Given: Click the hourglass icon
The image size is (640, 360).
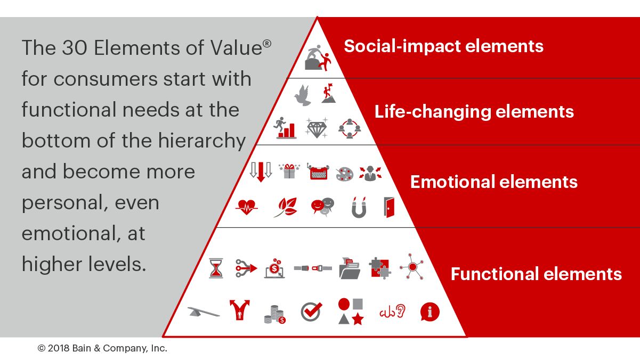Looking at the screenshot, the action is (x=216, y=268).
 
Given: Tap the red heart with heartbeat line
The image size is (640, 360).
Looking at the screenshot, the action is (x=247, y=207).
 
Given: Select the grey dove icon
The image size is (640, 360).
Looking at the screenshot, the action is (x=303, y=95).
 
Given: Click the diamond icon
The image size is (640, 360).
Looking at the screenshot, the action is (x=317, y=128).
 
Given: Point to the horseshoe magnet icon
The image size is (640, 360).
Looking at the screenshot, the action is (x=359, y=208).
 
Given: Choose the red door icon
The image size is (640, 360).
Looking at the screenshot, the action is (x=389, y=208).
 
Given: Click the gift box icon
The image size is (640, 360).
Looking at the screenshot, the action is (x=289, y=171).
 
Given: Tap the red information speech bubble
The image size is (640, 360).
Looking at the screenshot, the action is (x=430, y=312).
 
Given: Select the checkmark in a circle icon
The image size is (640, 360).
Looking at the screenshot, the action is (x=311, y=312).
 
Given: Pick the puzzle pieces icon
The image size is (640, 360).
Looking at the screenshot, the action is (x=380, y=268).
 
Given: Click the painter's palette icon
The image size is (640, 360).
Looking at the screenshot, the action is (x=345, y=174).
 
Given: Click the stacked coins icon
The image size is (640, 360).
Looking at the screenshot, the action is (x=275, y=314).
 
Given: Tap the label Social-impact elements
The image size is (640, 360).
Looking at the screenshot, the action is (x=443, y=46).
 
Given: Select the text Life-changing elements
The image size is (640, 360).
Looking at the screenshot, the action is (x=474, y=111).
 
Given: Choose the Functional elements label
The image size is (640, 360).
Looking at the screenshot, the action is (x=536, y=274).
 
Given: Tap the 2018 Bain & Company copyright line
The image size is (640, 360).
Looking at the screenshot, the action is (x=102, y=348).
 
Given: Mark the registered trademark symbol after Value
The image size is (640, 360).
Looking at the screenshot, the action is (x=266, y=44).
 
